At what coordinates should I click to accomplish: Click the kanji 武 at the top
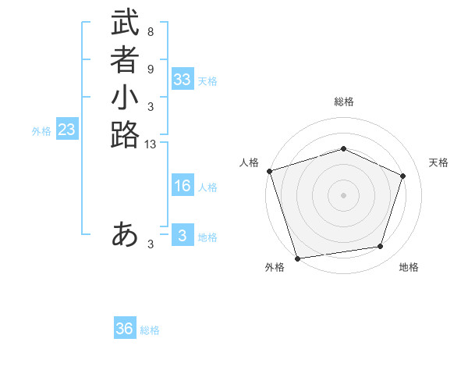[125, 25]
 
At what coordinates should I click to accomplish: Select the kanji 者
[125, 61]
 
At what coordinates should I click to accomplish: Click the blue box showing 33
[183, 80]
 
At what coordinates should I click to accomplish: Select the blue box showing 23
[67, 130]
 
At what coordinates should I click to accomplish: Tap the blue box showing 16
[183, 186]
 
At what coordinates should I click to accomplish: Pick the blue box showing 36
[125, 329]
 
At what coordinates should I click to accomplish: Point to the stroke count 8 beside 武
[150, 33]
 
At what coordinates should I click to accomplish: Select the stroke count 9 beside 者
[150, 69]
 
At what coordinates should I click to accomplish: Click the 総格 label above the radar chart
[343, 102]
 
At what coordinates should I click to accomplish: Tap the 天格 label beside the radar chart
[438, 162]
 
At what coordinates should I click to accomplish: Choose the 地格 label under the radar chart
[409, 268]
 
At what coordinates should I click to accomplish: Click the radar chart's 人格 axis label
[249, 162]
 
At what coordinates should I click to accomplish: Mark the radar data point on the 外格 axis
[297, 258]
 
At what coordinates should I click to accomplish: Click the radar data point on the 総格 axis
[343, 148]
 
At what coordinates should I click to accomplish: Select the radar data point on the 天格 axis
[403, 176]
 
